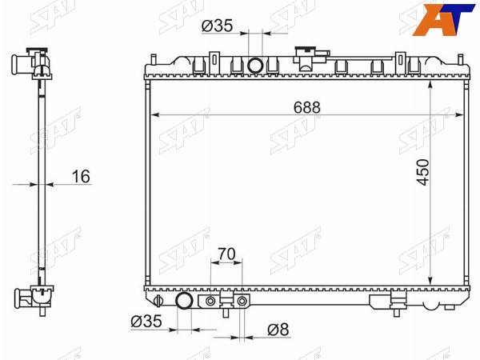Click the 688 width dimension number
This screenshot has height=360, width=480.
click(x=306, y=107)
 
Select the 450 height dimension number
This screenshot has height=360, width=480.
click(x=423, y=172)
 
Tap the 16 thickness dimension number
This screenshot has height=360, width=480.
click(x=81, y=177)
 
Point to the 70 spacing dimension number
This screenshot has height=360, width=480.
click(x=226, y=254)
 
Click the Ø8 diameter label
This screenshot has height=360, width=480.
click(x=278, y=330)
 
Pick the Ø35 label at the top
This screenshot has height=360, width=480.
click(x=218, y=26)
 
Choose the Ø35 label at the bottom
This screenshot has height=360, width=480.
click(x=146, y=321)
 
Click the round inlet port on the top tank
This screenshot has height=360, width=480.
click(x=255, y=66)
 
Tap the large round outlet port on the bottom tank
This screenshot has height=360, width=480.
click(x=184, y=301)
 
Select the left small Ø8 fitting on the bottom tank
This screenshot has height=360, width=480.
click(x=210, y=302)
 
